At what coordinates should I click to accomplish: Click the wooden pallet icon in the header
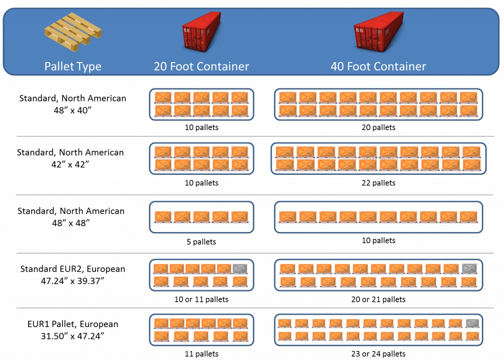pyautogui.click(x=73, y=32)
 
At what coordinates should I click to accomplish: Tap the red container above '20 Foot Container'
pyautogui.click(x=201, y=32)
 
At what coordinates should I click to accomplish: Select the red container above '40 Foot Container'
pyautogui.click(x=378, y=32)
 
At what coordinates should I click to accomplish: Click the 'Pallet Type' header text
pyautogui.click(x=73, y=66)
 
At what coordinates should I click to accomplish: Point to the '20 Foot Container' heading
pyautogui.click(x=201, y=66)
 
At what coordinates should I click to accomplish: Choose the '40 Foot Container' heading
pyautogui.click(x=378, y=66)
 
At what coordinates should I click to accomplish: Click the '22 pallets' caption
pyautogui.click(x=378, y=183)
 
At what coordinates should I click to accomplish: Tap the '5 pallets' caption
pyautogui.click(x=201, y=242)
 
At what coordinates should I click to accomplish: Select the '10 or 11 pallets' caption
pyautogui.click(x=201, y=299)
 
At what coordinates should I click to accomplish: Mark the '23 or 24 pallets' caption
pyautogui.click(x=378, y=354)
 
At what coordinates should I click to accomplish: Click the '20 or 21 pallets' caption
pyautogui.click(x=378, y=299)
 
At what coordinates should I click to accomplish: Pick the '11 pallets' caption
pyautogui.click(x=201, y=354)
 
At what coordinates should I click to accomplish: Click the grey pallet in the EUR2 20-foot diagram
pyautogui.click(x=240, y=269)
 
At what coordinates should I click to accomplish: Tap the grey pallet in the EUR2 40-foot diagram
pyautogui.click(x=469, y=269)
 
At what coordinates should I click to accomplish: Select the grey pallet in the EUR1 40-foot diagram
pyautogui.click(x=472, y=324)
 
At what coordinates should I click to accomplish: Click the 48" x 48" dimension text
pyautogui.click(x=71, y=223)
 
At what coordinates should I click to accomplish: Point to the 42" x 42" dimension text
pyautogui.click(x=70, y=164)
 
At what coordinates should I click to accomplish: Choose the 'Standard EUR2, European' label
pyautogui.click(x=73, y=269)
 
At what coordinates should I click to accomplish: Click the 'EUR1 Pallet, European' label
pyautogui.click(x=73, y=324)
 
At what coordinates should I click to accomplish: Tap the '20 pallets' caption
pyautogui.click(x=378, y=128)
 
